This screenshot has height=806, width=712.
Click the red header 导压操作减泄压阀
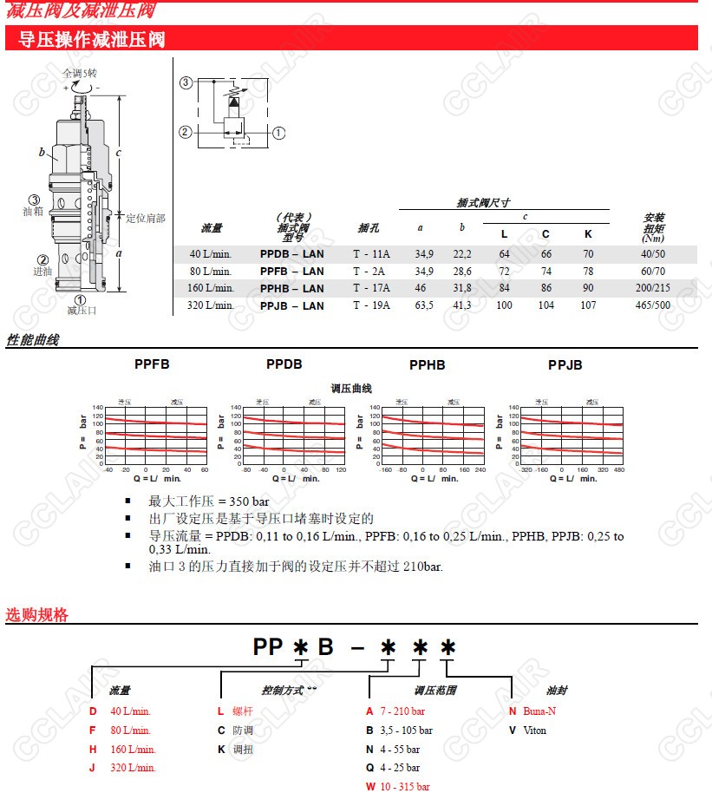tap(92, 39)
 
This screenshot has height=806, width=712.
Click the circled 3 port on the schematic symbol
tap(186, 83)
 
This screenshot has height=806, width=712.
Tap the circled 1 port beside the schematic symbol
tap(278, 133)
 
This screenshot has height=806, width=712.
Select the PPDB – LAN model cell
tap(291, 254)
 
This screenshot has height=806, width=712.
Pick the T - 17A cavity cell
tap(371, 288)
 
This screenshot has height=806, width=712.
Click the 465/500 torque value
tap(652, 305)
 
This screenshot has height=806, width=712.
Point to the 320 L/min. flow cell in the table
tap(212, 305)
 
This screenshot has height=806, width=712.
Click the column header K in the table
tap(588, 234)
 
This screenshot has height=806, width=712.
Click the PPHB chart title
tap(427, 365)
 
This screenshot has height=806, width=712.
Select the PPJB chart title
tap(565, 365)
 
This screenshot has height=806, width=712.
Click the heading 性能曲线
tap(33, 340)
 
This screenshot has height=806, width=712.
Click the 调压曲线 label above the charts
tap(351, 389)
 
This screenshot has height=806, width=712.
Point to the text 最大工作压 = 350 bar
tap(208, 501)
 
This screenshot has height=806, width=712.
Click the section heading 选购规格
tap(36, 615)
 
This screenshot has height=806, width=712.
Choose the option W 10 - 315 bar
tap(398, 787)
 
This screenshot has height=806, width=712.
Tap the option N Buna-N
tap(532, 711)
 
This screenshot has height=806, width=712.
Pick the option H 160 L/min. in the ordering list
tap(123, 750)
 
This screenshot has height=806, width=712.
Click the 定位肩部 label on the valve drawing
tap(145, 219)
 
